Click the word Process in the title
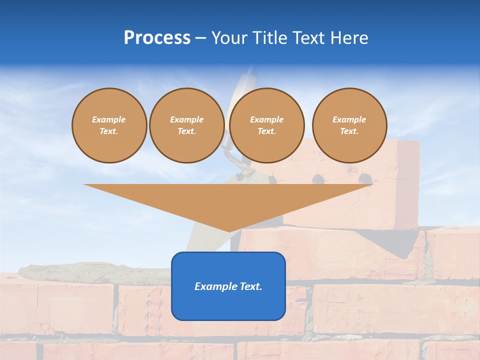(157, 38)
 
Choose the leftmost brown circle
(109, 125)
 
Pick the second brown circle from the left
(187, 125)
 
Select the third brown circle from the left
(267, 125)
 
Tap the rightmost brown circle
(349, 125)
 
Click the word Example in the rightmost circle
(349, 119)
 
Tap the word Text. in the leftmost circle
(109, 131)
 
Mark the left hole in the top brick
(316, 178)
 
